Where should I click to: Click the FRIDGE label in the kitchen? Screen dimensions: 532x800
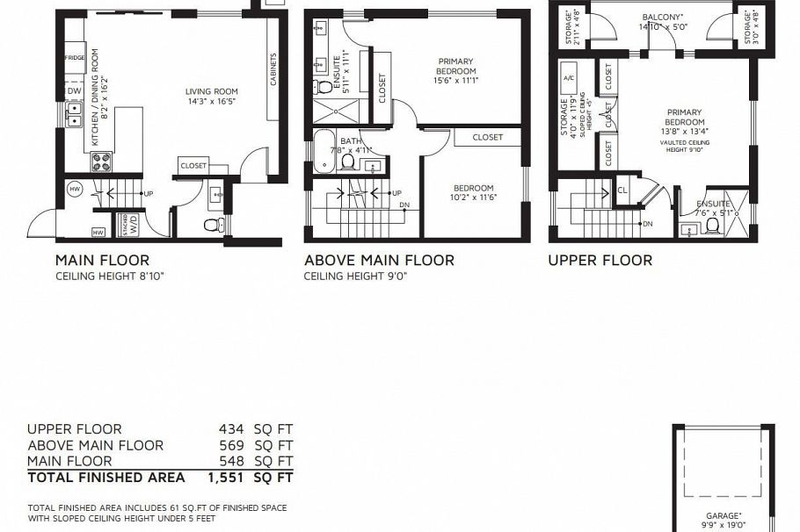(75, 57)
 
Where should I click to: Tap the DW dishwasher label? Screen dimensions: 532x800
(74, 90)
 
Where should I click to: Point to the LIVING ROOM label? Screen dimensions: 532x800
(211, 91)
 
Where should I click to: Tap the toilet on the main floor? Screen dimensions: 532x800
(213, 225)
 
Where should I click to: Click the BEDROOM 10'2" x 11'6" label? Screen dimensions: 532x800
(473, 188)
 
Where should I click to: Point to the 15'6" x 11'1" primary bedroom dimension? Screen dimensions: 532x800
(455, 81)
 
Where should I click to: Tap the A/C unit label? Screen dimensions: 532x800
(568, 75)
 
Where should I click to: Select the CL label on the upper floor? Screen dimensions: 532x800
(622, 189)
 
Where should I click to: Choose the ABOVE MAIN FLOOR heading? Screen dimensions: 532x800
(379, 260)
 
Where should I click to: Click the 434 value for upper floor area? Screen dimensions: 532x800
(231, 429)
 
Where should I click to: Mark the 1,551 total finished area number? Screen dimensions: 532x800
(225, 478)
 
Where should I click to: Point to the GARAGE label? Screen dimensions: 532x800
(724, 515)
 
